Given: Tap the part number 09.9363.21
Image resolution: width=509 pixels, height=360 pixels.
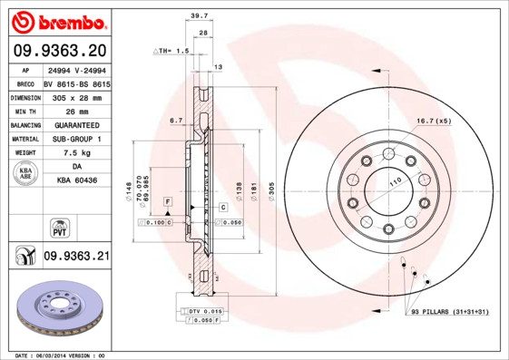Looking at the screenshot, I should click(76, 257).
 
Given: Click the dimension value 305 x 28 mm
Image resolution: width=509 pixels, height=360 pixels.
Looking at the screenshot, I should click(77, 96).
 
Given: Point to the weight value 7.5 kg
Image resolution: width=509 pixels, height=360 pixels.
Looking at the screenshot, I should click(77, 153).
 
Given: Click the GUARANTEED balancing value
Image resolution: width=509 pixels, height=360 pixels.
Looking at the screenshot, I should click(77, 124).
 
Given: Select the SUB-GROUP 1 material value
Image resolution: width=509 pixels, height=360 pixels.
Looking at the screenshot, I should click(77, 139).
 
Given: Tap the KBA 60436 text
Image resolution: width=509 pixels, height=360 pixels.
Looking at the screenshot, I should click(77, 182).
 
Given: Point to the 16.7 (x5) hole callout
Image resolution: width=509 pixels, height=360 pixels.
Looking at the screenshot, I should click(433, 120).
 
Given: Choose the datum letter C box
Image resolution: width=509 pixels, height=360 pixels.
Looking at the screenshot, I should click(221, 208).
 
